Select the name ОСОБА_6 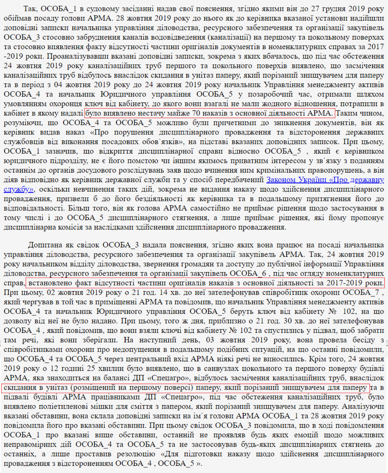[x=248, y=273]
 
